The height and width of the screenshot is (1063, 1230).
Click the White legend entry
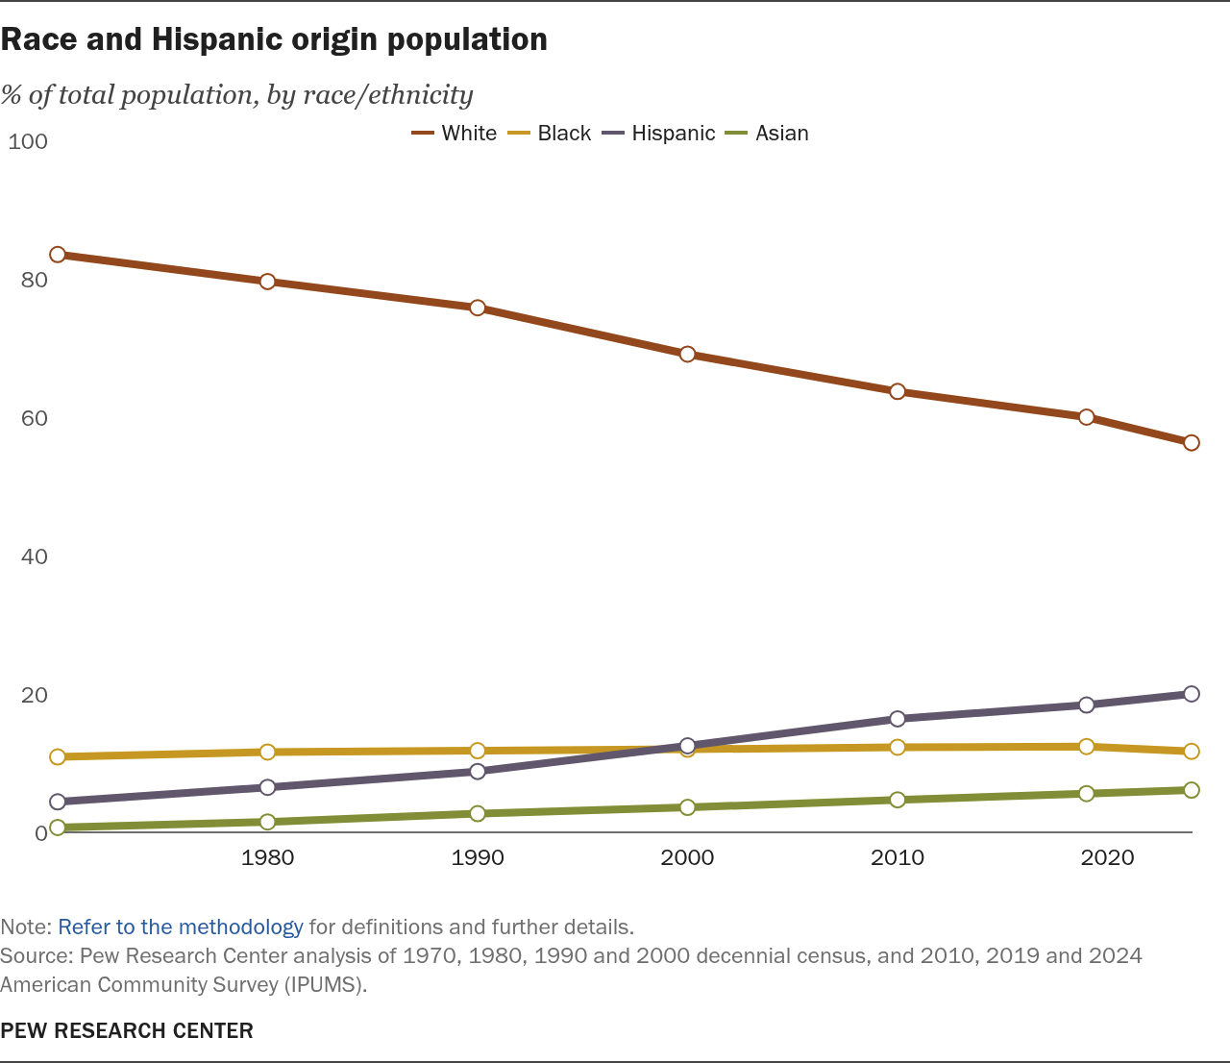[454, 133]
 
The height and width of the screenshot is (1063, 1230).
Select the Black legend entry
[550, 133]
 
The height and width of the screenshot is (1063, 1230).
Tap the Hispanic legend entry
[658, 133]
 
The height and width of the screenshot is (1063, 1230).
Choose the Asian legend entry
[767, 133]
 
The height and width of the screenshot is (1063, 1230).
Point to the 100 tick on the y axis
[27, 141]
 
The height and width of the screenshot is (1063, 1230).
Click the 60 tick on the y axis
[34, 418]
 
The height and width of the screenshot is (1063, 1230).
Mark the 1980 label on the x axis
[267, 857]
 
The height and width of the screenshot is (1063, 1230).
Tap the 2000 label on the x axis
[687, 857]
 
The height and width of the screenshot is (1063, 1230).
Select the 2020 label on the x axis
[1107, 857]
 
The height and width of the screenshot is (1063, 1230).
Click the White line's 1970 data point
[57, 255]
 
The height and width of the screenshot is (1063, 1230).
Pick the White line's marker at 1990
[478, 308]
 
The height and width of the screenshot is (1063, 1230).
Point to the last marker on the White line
[1192, 443]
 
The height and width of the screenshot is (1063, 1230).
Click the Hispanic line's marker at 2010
[898, 718]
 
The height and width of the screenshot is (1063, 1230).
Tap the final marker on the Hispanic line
[1192, 694]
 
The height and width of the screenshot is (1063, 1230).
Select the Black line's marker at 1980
[267, 752]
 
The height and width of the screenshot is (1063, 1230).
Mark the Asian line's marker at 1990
[478, 813]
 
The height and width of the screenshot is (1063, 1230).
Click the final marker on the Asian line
[1192, 790]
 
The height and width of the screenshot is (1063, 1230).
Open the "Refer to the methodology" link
[181, 927]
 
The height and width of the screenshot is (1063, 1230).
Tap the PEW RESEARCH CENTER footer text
[127, 1030]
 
